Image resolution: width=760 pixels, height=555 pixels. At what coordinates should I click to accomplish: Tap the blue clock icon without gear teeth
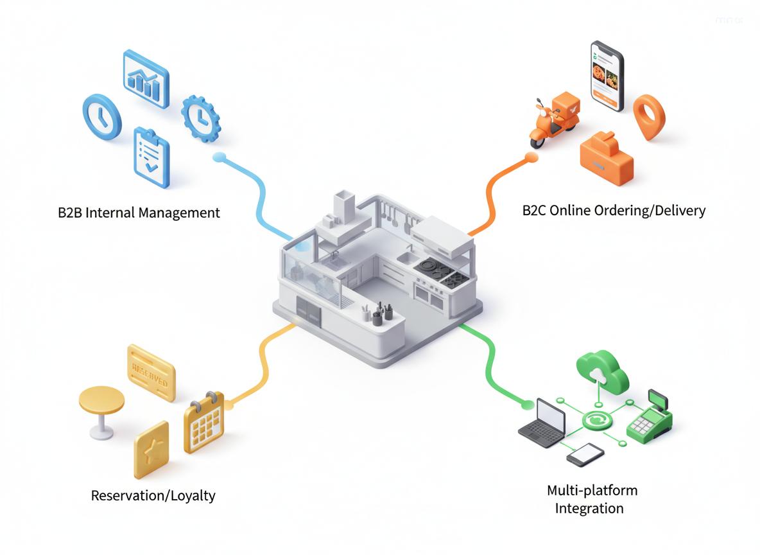point(102,116)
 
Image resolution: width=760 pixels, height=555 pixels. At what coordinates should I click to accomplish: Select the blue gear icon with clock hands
point(200,118)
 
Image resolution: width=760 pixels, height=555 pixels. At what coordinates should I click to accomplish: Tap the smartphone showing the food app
point(607,76)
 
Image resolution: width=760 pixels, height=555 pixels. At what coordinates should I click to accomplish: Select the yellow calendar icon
point(203,423)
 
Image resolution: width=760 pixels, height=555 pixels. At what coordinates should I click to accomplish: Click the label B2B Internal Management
point(138,213)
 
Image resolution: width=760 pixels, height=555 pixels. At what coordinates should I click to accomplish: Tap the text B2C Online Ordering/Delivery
point(614,210)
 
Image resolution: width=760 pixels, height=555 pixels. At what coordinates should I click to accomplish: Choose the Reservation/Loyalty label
point(153,495)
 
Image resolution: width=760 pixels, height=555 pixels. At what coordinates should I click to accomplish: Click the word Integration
point(589,508)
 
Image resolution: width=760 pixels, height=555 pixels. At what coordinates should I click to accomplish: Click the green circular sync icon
point(596,421)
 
